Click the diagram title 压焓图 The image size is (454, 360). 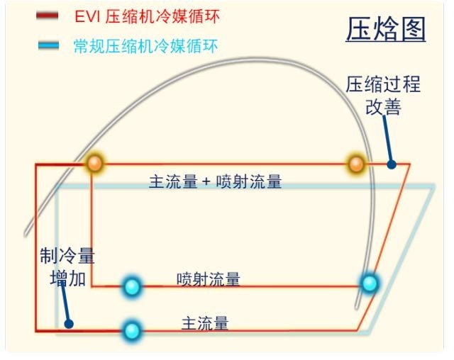386,29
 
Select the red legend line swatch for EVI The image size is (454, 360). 48,16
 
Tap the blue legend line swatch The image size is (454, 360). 49,45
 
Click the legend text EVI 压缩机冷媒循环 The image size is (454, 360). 147,16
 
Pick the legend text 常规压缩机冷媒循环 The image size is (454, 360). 145,46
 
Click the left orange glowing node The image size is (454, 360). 95,164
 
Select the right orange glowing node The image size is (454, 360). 356,164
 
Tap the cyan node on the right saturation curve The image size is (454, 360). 370,283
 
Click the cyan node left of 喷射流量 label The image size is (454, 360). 132,286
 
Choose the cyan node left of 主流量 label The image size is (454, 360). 132,330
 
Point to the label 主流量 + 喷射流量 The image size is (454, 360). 215,181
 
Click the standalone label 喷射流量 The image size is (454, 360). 209,279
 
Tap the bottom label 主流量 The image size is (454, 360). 205,323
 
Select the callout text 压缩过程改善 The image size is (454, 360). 383,96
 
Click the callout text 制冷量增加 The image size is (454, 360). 67,267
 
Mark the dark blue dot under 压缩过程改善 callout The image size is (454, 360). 392,164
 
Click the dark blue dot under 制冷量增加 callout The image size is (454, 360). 69,324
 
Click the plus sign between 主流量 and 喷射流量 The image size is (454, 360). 206,182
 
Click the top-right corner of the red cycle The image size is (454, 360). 410,164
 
